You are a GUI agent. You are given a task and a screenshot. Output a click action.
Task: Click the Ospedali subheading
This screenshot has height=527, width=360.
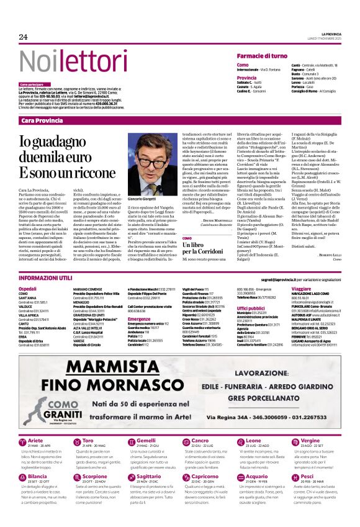pos(27,289)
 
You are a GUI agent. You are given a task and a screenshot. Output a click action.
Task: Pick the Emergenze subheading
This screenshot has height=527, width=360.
pos(139,319)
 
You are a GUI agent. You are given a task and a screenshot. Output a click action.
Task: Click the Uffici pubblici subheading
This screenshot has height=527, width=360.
pos(251,308)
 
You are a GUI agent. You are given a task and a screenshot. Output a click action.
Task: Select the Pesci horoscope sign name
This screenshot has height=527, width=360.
pos(307,493)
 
